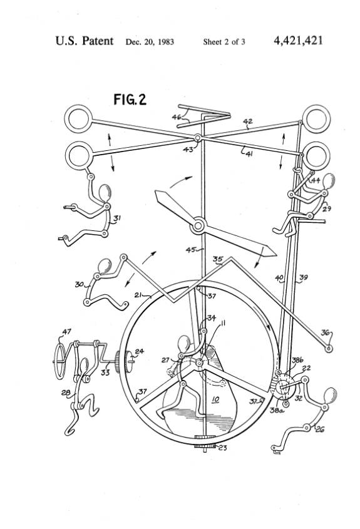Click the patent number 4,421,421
(x=298, y=41)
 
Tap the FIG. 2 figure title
(x=130, y=100)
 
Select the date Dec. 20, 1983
(x=150, y=42)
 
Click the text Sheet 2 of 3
(x=224, y=42)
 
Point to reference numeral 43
(x=188, y=149)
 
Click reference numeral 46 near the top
(x=177, y=117)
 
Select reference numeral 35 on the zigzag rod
(x=218, y=259)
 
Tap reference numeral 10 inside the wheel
(x=215, y=399)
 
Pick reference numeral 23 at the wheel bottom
(x=222, y=448)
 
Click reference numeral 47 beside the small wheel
(x=66, y=332)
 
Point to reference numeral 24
(x=140, y=351)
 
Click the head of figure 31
(x=105, y=193)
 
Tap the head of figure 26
(x=330, y=396)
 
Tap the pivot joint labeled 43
(x=198, y=138)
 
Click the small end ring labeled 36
(x=328, y=348)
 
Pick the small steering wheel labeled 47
(x=60, y=362)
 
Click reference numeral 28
(x=66, y=393)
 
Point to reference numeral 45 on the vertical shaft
(x=191, y=250)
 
